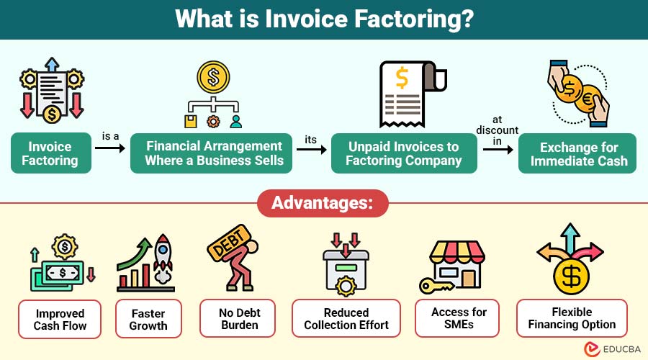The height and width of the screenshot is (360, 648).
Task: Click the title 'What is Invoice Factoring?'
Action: point(323,19)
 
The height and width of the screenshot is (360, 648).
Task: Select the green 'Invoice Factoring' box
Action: point(50,153)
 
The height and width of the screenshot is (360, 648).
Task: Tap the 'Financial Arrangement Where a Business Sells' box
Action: point(211,153)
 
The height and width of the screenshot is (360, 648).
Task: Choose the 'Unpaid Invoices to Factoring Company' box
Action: point(403,153)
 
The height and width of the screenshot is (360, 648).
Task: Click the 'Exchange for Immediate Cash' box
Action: point(578,153)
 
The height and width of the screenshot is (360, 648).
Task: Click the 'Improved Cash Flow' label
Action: point(59,319)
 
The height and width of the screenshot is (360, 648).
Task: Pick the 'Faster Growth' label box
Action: point(148,319)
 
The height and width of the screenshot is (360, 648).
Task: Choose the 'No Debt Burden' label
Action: point(237,319)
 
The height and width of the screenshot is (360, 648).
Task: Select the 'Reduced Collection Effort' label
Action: point(346,319)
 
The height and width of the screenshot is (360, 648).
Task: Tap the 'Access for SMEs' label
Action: point(459,318)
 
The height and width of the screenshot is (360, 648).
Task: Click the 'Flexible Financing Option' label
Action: point(572,318)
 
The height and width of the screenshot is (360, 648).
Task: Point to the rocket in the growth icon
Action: point(163,256)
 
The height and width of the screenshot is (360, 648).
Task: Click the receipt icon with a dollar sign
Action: point(404,91)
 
